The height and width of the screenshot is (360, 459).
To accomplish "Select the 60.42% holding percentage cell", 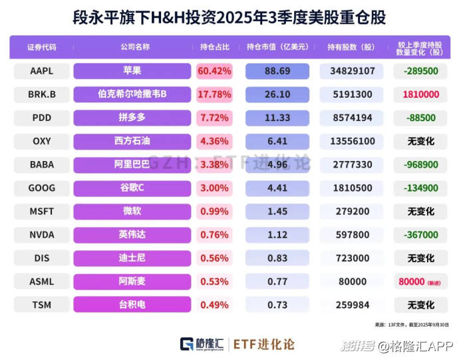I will pos(214,71).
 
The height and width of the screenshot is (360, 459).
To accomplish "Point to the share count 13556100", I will pos(352,141).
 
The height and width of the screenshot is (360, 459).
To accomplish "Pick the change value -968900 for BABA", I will pos(420,164).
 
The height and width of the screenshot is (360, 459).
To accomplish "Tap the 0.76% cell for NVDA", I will pos(214,234).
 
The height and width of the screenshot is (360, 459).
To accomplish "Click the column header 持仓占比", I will pos(214,47).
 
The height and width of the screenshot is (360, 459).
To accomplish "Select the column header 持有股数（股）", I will pos(352,47).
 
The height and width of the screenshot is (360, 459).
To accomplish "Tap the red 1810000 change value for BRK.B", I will pos(420,94).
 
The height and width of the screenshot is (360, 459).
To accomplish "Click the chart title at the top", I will pos(230,16).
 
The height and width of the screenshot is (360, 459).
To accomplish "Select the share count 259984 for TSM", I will pos(352,305).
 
